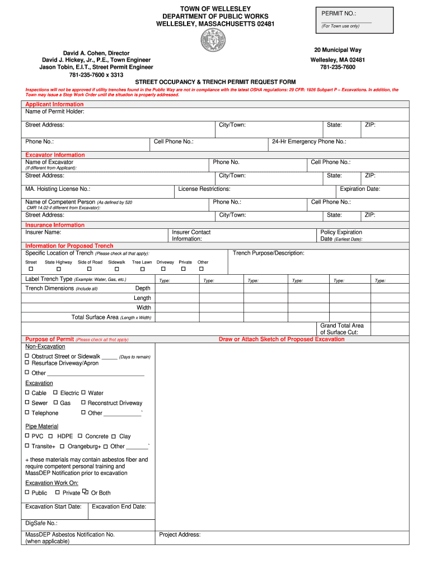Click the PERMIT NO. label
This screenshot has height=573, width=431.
coord(339,13)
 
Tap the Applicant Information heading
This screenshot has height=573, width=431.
coord(54,105)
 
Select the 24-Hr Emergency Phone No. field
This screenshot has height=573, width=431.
coord(309,142)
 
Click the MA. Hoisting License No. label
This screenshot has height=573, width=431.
coord(58,189)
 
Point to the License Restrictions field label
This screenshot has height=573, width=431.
coord(204,189)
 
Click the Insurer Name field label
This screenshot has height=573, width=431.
coord(43,232)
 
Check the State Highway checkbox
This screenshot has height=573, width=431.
coord(58,269)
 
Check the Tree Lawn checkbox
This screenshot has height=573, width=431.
coord(142,269)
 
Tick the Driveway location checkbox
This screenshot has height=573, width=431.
coord(165,269)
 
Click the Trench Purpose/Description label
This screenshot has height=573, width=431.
coord(269,253)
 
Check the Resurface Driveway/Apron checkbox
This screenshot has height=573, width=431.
coord(27,363)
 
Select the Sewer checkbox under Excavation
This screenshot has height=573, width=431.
coord(27,403)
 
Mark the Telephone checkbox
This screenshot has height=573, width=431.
coord(27,413)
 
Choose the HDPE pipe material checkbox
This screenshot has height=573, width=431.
coord(51,436)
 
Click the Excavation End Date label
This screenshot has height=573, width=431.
coord(119,506)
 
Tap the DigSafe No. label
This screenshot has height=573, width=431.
coord(41,523)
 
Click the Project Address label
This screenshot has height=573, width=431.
coord(180,535)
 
